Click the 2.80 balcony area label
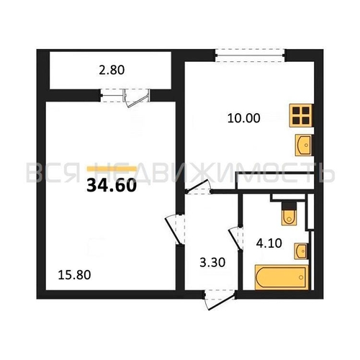pyautogui.click(x=112, y=70)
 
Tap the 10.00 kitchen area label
pyautogui.click(x=243, y=118)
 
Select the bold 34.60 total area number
pyautogui.click(x=112, y=186)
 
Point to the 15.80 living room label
pyautogui.click(x=74, y=275)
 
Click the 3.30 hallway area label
pyautogui.click(x=212, y=262)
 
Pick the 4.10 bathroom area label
pyautogui.click(x=269, y=243)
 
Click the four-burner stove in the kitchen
pyautogui.click(x=301, y=115)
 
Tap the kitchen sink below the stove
pyautogui.click(x=304, y=145)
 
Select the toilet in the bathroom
pyautogui.click(x=289, y=214)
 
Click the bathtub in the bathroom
pyautogui.click(x=282, y=277)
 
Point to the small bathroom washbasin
pyautogui.click(x=301, y=251)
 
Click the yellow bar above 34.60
pyautogui.click(x=112, y=168)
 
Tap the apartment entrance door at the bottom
pyautogui.click(x=219, y=300)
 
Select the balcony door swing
pyautogui.click(x=136, y=99)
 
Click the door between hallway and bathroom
pyautogui.click(x=236, y=238)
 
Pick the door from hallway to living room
pyautogui.click(x=174, y=229)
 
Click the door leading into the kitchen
pyautogui.click(x=199, y=186)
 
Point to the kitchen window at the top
pyautogui.click(x=250, y=55)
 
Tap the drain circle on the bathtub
pyautogui.click(x=301, y=277)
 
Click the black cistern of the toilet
pyautogui.click(x=289, y=206)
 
